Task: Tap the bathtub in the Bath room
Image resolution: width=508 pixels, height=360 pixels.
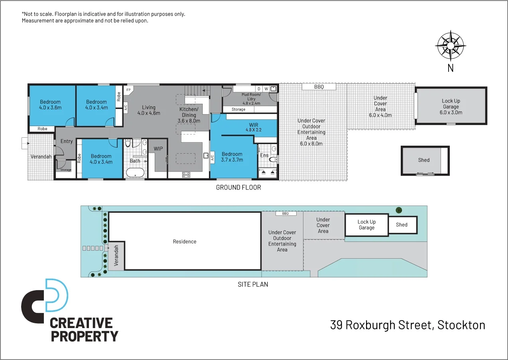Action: click(x=135, y=173)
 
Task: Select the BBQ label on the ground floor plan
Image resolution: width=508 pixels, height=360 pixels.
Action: click(x=319, y=87)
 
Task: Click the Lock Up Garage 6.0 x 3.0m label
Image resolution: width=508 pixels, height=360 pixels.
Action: click(x=451, y=107)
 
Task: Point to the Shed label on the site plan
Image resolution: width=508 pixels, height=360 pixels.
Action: click(x=402, y=225)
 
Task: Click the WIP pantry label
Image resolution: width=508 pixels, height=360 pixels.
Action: click(x=158, y=149)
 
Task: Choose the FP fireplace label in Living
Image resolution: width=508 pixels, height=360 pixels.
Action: click(x=128, y=90)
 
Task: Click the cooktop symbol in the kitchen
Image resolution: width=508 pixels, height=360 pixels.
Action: click(x=186, y=174)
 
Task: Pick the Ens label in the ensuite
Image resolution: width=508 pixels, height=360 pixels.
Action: click(x=264, y=155)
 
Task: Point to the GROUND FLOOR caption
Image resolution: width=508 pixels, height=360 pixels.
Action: click(x=238, y=187)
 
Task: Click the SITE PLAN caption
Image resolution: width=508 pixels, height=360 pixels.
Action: click(x=253, y=285)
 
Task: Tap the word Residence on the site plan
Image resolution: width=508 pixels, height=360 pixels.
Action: click(x=185, y=241)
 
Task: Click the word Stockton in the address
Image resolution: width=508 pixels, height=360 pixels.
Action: click(x=461, y=325)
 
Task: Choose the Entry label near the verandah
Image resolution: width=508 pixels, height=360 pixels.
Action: click(x=67, y=141)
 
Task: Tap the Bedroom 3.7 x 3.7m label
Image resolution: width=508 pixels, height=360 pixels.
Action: click(x=232, y=157)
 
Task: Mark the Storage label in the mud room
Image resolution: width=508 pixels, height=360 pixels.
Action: click(x=238, y=109)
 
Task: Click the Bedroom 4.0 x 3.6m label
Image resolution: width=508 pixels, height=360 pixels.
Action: click(x=50, y=105)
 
